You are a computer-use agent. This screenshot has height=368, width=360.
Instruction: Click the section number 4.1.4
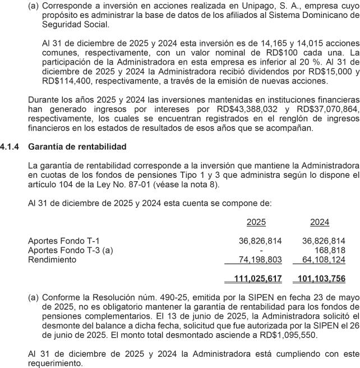(x=11, y=146)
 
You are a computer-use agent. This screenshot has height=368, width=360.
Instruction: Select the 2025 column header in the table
(x=256, y=223)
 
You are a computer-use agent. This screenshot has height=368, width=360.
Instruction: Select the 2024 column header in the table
(x=319, y=223)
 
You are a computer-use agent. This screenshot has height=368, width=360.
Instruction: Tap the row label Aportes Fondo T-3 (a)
(x=70, y=250)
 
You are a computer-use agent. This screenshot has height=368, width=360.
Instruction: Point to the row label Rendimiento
(x=52, y=260)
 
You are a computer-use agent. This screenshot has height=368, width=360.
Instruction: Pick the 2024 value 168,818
(x=330, y=250)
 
